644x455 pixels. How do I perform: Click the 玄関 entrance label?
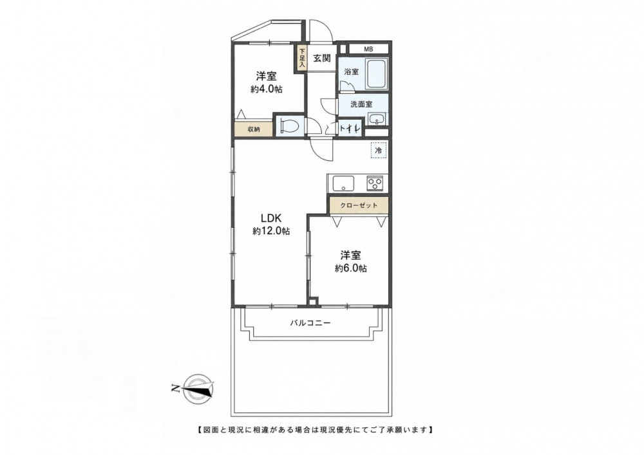click(x=322, y=59)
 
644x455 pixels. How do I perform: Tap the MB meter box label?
click(x=368, y=50)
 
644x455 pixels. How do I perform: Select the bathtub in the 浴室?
click(x=376, y=74)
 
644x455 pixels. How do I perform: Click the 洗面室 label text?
click(x=361, y=104)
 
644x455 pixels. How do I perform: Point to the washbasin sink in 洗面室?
click(x=376, y=118)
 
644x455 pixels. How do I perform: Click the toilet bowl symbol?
click(x=290, y=125)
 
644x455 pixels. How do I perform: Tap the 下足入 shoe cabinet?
click(x=302, y=58)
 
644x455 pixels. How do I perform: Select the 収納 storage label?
click(x=254, y=129)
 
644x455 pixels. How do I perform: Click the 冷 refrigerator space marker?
click(x=379, y=151)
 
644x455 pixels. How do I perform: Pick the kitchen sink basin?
click(x=344, y=183)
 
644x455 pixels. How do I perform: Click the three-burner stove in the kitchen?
click(x=375, y=183)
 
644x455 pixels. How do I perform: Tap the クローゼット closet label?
click(x=359, y=205)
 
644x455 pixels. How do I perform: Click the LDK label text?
click(x=270, y=218)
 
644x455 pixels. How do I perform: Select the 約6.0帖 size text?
click(x=351, y=269)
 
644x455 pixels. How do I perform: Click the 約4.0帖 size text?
click(x=267, y=89)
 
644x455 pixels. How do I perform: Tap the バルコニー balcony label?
click(x=310, y=323)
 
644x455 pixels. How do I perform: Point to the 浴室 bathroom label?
click(x=352, y=72)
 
